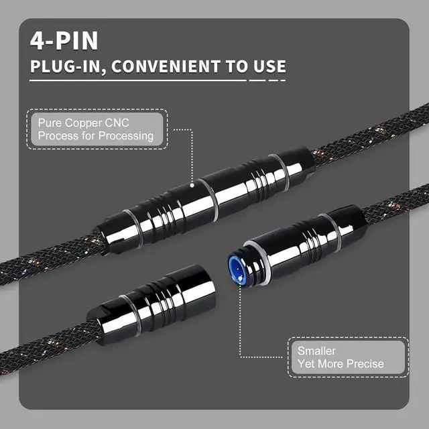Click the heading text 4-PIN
64,40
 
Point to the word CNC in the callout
119,123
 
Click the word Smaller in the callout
316,351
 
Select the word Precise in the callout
361,363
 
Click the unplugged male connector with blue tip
302,245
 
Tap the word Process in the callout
58,136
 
